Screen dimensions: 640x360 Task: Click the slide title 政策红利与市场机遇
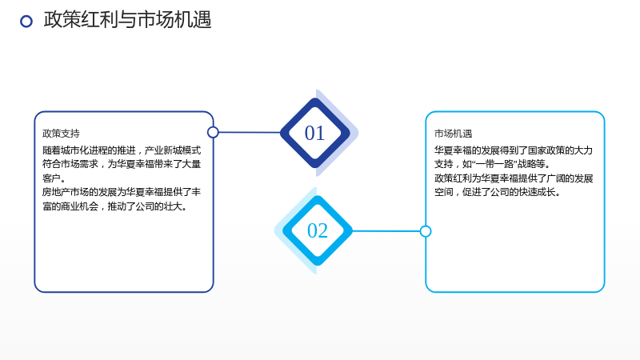(x=127, y=20)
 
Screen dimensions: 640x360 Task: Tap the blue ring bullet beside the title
(x=26, y=22)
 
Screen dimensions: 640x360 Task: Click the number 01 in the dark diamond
(x=314, y=133)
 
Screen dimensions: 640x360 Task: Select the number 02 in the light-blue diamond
(x=317, y=230)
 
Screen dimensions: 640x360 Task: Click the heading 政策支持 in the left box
(x=61, y=134)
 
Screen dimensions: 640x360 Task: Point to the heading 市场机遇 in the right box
(x=453, y=134)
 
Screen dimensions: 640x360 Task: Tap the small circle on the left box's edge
(x=213, y=132)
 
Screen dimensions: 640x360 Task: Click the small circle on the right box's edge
(x=426, y=231)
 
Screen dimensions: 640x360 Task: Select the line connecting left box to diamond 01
(x=250, y=132)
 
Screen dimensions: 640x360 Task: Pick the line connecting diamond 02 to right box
(x=386, y=231)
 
